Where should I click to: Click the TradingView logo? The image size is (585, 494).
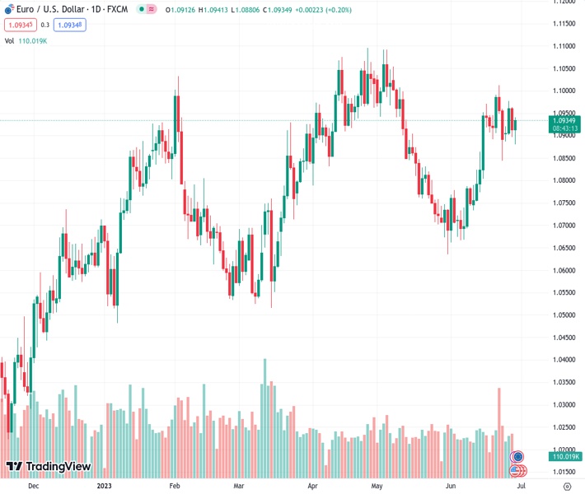[49, 467]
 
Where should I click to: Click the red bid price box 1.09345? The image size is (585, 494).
[19, 25]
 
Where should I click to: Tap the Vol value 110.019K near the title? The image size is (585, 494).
[34, 40]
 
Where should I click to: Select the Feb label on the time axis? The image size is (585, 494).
[174, 486]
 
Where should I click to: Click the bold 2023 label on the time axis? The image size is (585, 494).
[104, 486]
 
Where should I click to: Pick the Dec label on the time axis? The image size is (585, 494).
[33, 486]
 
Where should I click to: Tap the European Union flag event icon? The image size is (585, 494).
[517, 456]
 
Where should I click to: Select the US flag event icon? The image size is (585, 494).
[517, 470]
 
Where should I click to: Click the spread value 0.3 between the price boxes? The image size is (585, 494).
[45, 25]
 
